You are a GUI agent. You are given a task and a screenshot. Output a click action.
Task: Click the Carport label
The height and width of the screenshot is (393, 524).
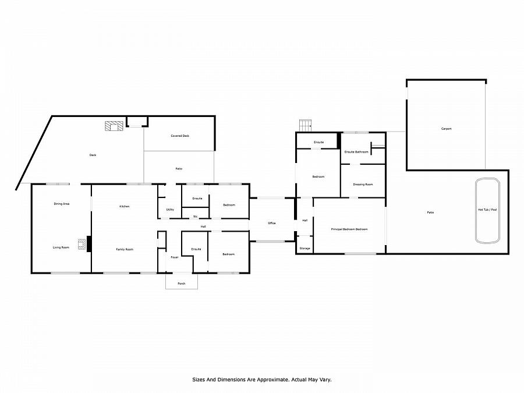446,129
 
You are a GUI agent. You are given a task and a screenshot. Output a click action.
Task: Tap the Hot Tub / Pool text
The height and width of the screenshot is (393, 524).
487,210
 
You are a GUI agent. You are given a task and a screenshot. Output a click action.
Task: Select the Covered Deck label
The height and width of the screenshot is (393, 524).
180,136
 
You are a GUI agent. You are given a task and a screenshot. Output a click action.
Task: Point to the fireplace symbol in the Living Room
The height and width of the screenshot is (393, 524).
82,243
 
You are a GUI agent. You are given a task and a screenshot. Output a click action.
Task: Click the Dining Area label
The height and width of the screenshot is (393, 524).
62,204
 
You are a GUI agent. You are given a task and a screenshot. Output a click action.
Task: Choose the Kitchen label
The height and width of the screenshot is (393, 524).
124,207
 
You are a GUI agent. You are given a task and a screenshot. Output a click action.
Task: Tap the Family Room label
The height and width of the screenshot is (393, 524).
125,249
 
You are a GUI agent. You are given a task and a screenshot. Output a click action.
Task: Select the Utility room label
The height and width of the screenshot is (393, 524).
170,210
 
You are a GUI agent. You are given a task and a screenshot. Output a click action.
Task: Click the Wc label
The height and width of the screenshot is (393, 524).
196,217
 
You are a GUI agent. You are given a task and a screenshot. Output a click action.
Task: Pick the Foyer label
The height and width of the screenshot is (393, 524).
174,257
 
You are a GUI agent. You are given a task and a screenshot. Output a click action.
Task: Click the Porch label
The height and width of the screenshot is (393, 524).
182,284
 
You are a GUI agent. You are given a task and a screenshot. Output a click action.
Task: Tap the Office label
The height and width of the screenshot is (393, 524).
272,223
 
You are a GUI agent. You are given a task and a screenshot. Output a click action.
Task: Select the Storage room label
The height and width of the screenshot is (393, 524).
305,249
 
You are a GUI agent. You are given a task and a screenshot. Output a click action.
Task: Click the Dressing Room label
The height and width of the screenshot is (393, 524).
363,185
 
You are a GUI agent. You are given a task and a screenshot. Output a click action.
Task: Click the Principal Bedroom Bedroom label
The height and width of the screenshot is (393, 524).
349,229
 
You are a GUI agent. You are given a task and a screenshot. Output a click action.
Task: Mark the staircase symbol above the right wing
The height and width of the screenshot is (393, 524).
306,125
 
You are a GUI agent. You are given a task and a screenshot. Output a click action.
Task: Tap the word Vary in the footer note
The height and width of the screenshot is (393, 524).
324,379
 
